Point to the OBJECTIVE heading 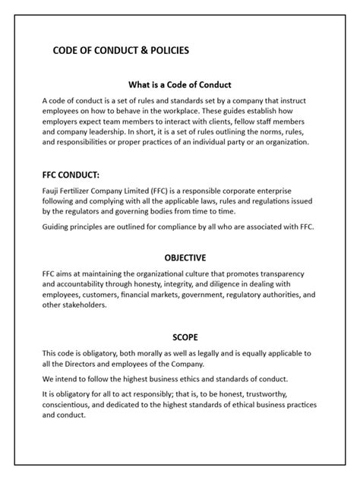[180, 257]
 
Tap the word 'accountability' [75, 285]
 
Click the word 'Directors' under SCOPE [90, 364]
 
